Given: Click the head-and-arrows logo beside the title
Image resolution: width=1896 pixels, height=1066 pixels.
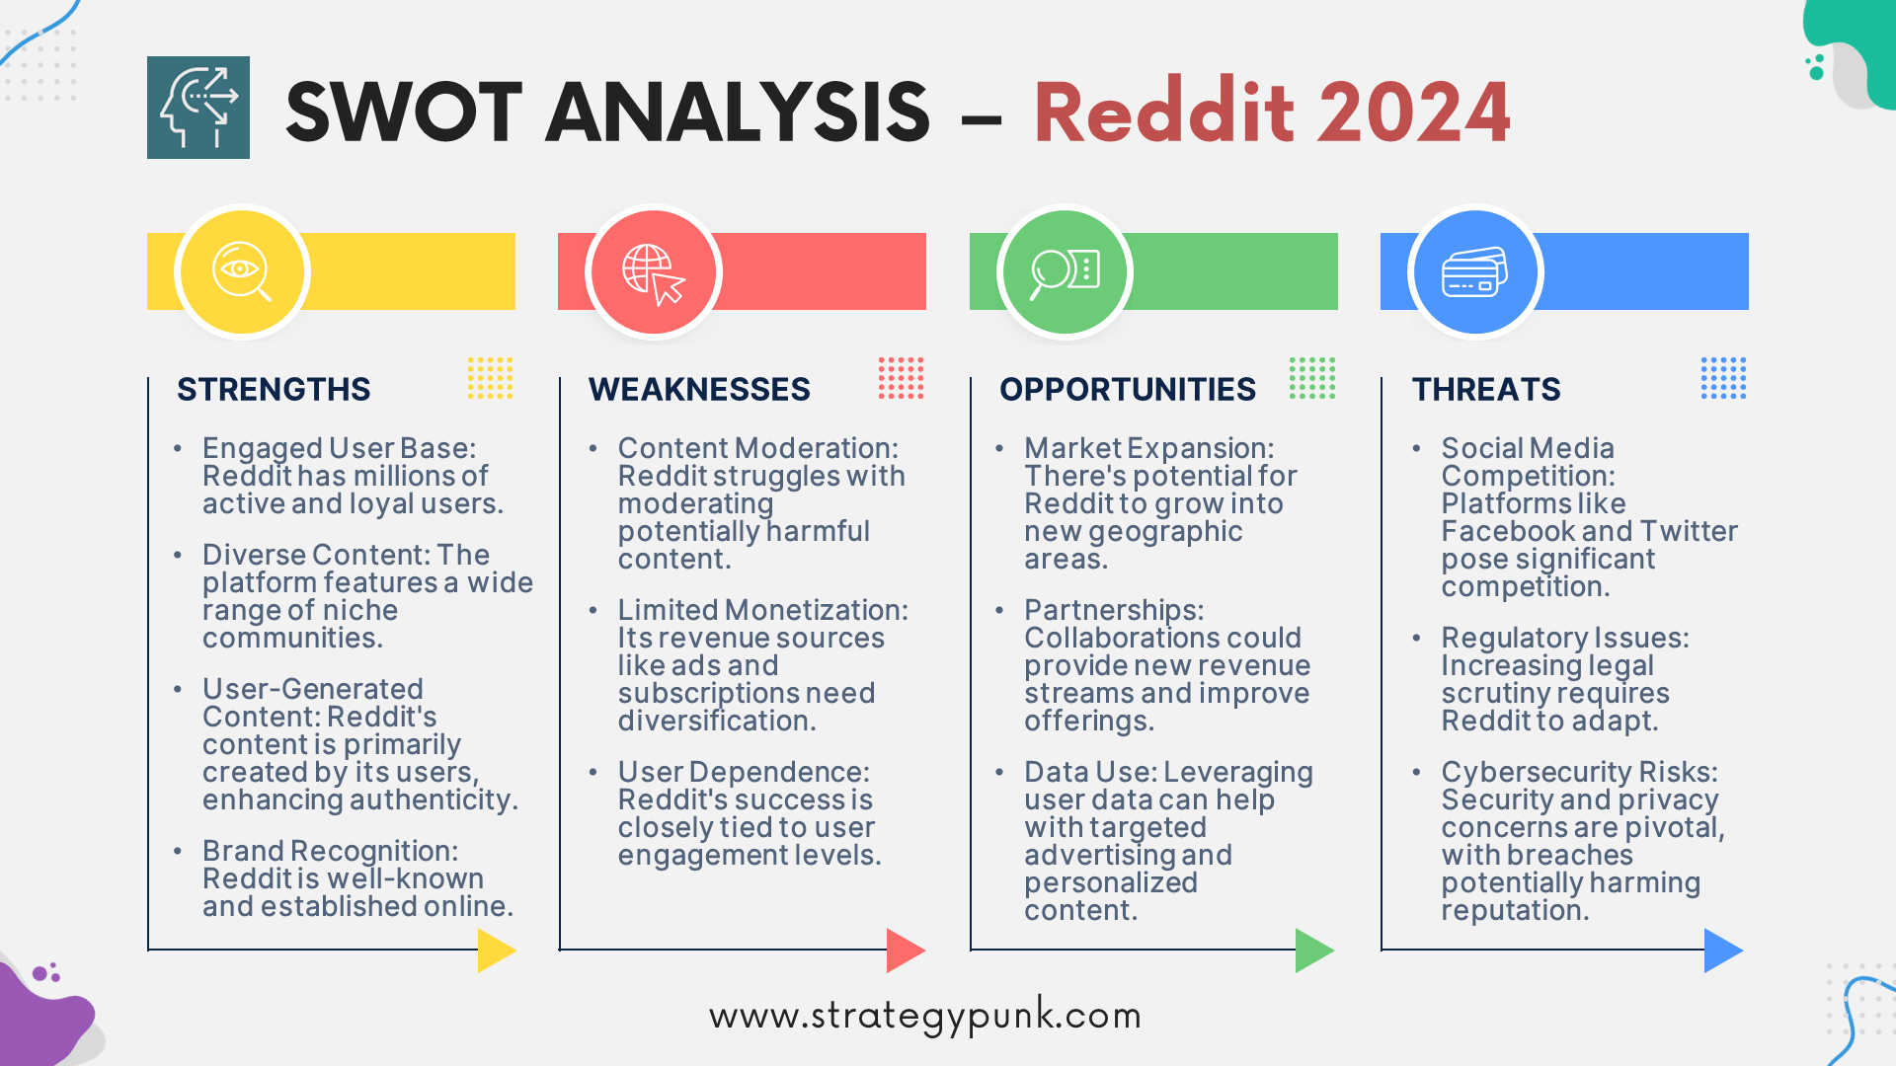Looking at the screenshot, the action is (198, 108).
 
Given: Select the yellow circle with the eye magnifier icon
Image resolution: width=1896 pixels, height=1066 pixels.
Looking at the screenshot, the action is (242, 271).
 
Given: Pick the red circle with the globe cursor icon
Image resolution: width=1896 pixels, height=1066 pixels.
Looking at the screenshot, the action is (654, 271).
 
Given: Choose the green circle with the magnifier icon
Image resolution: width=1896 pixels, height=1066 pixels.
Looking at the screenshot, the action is (1065, 271).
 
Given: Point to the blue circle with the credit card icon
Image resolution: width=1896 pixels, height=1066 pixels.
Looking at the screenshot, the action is (1475, 271).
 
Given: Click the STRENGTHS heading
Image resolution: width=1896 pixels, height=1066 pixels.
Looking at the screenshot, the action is (274, 389).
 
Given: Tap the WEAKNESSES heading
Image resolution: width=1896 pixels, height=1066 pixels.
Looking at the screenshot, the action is (699, 389).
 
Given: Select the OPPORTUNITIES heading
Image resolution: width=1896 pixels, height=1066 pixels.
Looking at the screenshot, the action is (1128, 389).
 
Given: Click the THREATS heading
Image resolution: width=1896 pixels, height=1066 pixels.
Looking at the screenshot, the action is (1486, 389).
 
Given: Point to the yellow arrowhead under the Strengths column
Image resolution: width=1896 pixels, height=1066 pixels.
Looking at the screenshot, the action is (497, 951).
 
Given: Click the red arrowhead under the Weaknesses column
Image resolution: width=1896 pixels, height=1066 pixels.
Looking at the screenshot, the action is (906, 951).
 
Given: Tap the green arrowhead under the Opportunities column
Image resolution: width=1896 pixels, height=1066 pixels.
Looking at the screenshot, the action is (1314, 951).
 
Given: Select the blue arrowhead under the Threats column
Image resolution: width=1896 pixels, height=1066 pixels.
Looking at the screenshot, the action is (1723, 951).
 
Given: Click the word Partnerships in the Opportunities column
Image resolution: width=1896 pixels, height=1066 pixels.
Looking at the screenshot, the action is (1114, 611).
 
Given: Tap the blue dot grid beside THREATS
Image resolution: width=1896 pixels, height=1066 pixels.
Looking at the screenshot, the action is (1723, 378).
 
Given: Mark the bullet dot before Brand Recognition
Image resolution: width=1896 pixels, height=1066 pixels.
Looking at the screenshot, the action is (178, 851).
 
